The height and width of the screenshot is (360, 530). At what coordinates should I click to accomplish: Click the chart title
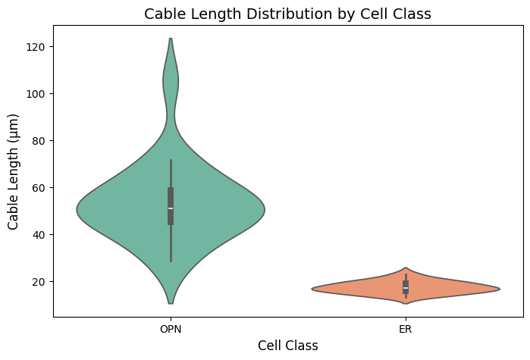pyautogui.click(x=287, y=14)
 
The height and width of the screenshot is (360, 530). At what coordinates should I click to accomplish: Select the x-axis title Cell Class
pyautogui.click(x=287, y=346)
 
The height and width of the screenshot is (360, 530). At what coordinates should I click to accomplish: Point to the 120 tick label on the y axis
pyautogui.click(x=36, y=47)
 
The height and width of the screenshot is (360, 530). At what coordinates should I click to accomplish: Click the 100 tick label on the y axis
pyautogui.click(x=36, y=94)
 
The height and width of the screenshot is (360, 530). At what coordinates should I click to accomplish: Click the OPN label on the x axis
pyautogui.click(x=171, y=330)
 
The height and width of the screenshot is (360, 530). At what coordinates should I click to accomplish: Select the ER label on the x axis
pyautogui.click(x=406, y=330)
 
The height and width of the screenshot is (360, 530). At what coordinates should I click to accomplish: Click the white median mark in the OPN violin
pyautogui.click(x=171, y=208)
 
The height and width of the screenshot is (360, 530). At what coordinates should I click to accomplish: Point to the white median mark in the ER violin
pyautogui.click(x=406, y=289)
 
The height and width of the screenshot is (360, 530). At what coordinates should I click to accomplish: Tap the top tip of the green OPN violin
pyautogui.click(x=171, y=39)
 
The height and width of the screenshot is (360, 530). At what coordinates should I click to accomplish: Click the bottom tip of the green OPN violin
pyautogui.click(x=171, y=303)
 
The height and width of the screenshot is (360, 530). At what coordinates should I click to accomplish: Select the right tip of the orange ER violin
pyautogui.click(x=500, y=289)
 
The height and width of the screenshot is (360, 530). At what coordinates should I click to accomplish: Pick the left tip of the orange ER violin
pyautogui.click(x=312, y=289)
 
